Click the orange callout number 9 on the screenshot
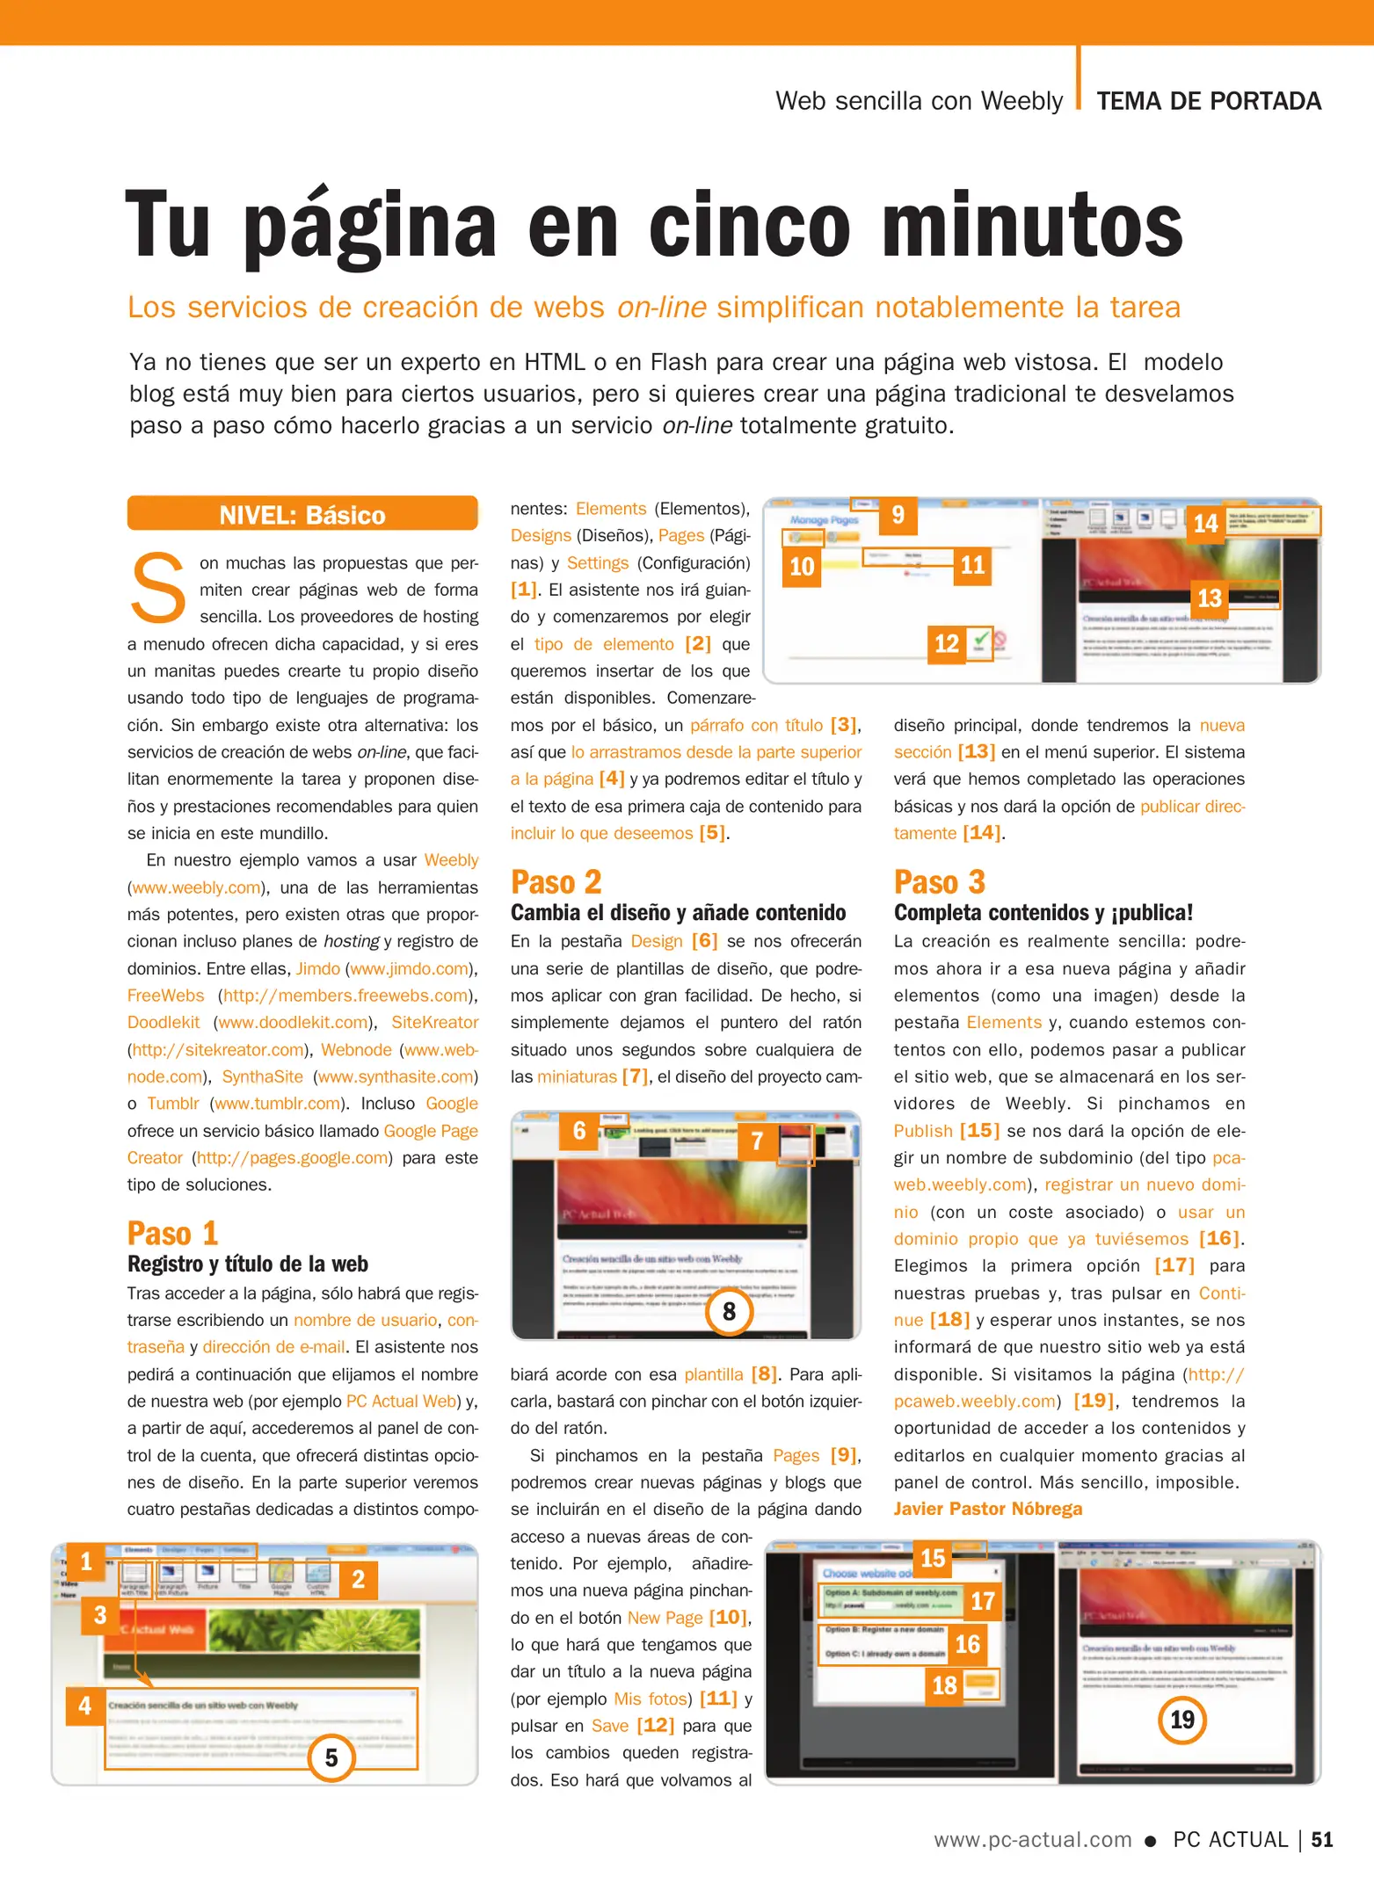click(x=898, y=515)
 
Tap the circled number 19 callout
click(x=1181, y=1720)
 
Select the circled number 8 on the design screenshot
click(x=729, y=1312)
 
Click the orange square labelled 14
click(x=1205, y=525)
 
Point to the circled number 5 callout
click(x=331, y=1757)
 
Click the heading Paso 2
click(x=556, y=881)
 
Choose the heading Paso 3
click(x=939, y=881)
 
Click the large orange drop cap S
click(x=158, y=587)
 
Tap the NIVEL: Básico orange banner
click(x=302, y=514)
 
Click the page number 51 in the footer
click(x=1322, y=1839)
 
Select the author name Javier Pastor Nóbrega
click(x=987, y=1509)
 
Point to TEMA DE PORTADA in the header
click(x=1208, y=101)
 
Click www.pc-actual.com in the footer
click(x=1032, y=1839)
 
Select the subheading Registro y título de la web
click(x=247, y=1264)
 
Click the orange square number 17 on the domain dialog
click(x=982, y=1601)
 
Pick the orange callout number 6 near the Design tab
click(x=579, y=1131)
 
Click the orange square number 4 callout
click(x=85, y=1706)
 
